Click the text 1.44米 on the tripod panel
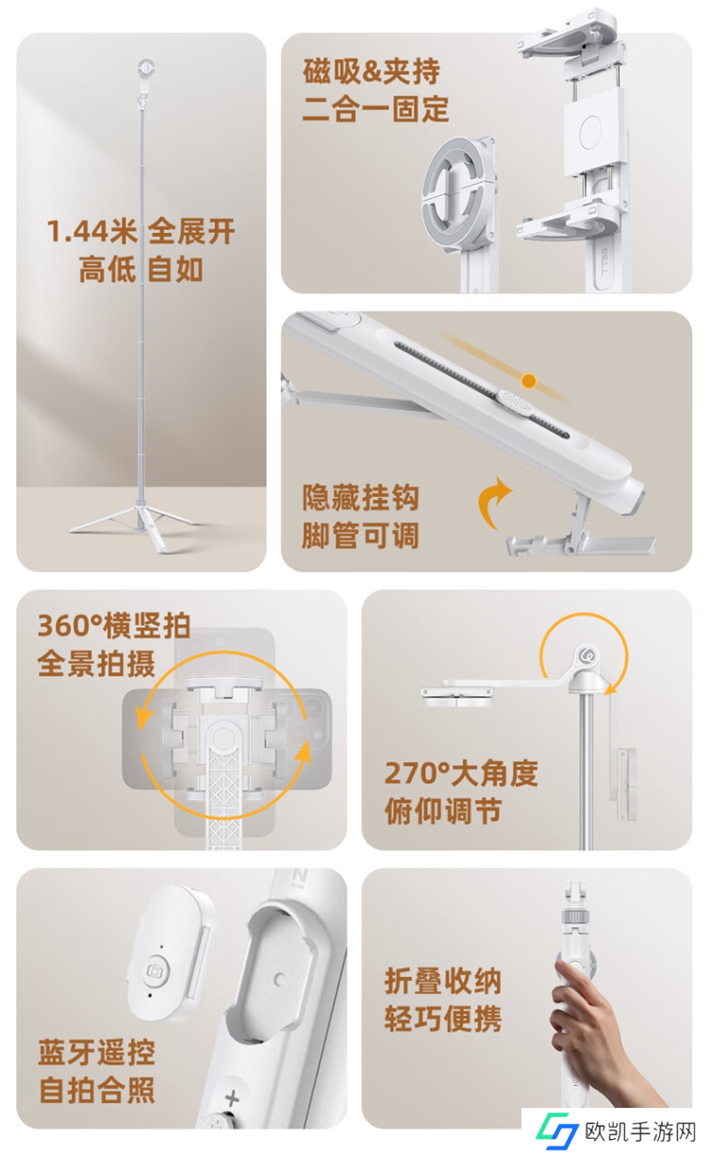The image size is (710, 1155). pos(92,231)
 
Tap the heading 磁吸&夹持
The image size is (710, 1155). pos(372,71)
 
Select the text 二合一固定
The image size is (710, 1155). pos(375,109)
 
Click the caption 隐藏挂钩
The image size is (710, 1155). pos(360,498)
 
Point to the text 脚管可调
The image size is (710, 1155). pos(360,536)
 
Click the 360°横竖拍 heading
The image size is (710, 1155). pos(114,625)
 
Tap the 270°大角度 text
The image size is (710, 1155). pos(461,773)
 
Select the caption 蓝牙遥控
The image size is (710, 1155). pos(97,1053)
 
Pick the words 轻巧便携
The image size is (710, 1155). pos(443,1019)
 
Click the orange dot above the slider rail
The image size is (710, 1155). pos(529,381)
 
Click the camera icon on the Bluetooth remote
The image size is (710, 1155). pos(155,970)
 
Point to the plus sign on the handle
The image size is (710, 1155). pos(232,1097)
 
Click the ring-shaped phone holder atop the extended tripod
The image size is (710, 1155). pos(146,68)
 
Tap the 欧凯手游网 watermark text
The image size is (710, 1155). pos(640,1132)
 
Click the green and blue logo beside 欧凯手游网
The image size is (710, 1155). pos(557,1131)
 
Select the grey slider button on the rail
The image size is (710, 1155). pos(515,403)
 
